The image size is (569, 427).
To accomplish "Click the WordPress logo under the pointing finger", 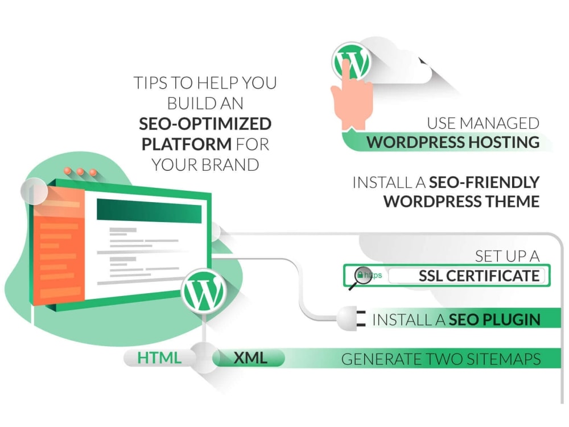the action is pyautogui.click(x=351, y=61).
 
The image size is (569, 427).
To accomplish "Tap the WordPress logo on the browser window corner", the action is pyautogui.click(x=204, y=291).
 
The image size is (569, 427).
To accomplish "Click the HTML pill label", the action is pyautogui.click(x=159, y=358).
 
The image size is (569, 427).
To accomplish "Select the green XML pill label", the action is pyautogui.click(x=249, y=358).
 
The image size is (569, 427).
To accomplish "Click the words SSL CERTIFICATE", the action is pyautogui.click(x=479, y=276).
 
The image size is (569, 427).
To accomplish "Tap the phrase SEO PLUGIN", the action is pyautogui.click(x=494, y=319).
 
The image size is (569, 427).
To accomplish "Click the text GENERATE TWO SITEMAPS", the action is pyautogui.click(x=441, y=359).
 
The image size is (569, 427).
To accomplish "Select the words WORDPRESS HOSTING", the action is pyautogui.click(x=453, y=142).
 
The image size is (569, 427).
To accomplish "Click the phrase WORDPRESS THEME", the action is pyautogui.click(x=461, y=202).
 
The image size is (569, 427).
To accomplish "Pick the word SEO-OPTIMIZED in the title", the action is pyautogui.click(x=205, y=124).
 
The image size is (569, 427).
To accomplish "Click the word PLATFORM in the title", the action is pyautogui.click(x=187, y=144).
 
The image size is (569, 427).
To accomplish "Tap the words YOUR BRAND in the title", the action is pyautogui.click(x=205, y=165).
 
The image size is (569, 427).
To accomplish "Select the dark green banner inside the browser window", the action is pyautogui.click(x=149, y=211).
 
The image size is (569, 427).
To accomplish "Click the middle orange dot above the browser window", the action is pyautogui.click(x=80, y=172).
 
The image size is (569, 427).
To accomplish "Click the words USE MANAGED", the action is pyautogui.click(x=483, y=124).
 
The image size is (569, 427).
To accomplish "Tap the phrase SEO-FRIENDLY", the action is pyautogui.click(x=484, y=182).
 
